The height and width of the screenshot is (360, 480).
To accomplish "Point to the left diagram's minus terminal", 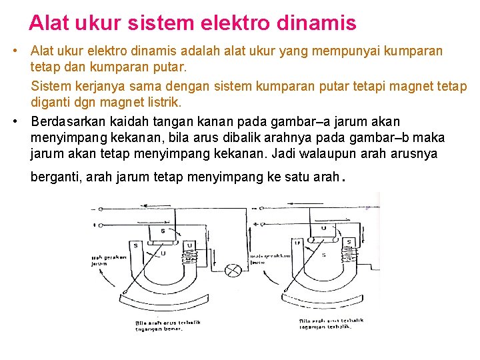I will pos(95,208).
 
